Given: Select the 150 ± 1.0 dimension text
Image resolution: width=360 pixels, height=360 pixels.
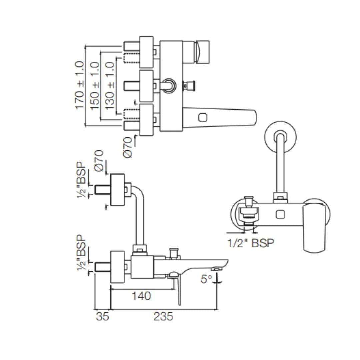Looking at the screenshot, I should [95, 86].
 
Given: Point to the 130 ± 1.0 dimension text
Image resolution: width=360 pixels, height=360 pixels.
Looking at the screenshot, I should [110, 86].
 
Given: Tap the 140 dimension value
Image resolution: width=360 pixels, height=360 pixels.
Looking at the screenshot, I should [141, 296].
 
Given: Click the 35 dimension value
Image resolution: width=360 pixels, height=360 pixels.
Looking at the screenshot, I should [102, 316].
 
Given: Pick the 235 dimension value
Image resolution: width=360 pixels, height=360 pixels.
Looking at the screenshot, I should [163, 316].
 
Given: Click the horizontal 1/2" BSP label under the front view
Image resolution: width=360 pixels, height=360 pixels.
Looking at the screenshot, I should [251, 243].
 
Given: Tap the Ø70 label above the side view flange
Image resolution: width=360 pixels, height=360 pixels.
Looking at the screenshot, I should [99, 161].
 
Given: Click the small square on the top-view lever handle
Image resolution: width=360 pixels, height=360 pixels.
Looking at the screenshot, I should [203, 118].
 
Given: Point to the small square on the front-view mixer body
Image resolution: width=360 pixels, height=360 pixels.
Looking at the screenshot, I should [280, 214].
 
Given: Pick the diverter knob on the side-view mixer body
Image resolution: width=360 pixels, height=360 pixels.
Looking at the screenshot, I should [173, 253].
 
